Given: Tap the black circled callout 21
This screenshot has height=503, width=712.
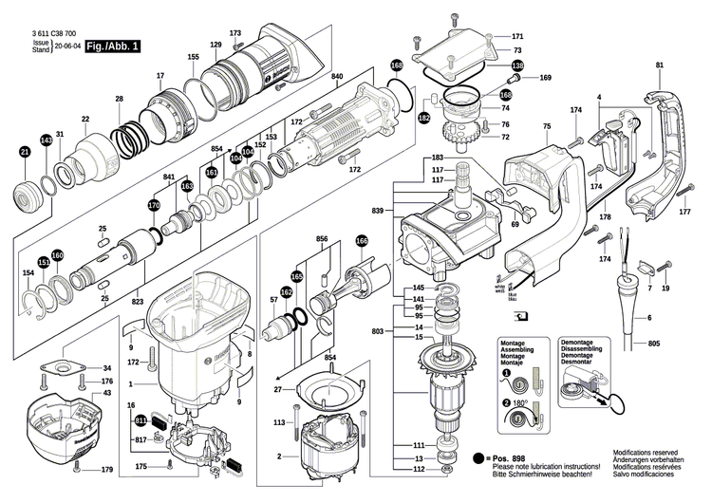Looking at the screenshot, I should coord(25,151).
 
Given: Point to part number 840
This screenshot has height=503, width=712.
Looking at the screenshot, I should coord(337,76).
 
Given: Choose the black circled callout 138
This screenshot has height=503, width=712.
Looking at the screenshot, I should coord(516,65).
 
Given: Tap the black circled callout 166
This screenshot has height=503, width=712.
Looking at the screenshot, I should coord(361,242).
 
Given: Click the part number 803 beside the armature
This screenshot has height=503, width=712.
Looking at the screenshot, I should coord(379,330).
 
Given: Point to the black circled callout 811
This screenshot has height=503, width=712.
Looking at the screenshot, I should coord(142,419).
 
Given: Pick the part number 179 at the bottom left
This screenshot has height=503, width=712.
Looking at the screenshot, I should coord(107,471).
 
